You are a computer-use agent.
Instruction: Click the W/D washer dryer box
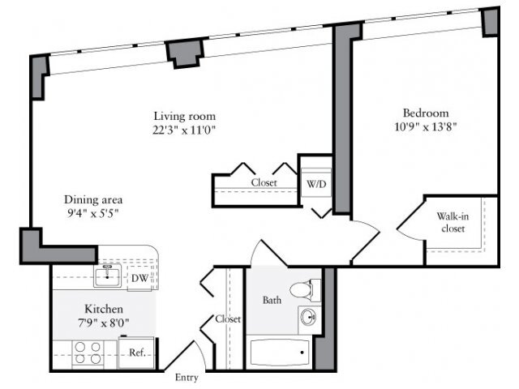(315, 183)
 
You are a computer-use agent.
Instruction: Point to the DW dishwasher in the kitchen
(139, 278)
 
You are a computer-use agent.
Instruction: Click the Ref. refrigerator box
(131, 353)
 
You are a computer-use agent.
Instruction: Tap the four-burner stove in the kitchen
(88, 354)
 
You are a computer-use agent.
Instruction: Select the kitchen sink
(106, 277)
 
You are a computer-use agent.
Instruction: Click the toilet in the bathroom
(306, 289)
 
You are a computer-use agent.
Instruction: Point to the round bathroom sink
(307, 317)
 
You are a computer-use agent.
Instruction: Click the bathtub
(279, 353)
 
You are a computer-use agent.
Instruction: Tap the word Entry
(187, 377)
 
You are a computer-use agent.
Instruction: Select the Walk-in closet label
(451, 222)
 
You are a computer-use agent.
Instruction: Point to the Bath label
(272, 301)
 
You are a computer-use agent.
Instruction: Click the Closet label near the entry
(228, 319)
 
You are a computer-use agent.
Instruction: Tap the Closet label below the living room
(264, 183)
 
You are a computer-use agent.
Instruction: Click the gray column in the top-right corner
(490, 22)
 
